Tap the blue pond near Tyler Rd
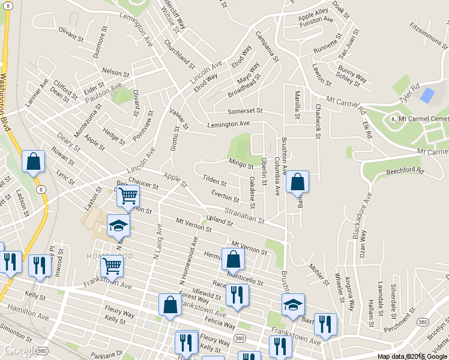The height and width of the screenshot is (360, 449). [427, 95]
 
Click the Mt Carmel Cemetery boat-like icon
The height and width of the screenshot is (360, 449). [393, 119]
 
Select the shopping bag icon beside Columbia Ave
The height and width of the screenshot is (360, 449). [297, 181]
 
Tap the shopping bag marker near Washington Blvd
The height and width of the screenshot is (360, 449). [33, 161]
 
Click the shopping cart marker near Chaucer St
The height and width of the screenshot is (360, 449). [128, 196]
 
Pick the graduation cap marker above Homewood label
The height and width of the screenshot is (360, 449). [118, 226]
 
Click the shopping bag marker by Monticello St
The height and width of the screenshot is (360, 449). [234, 259]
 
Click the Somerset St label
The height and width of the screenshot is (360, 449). [245, 111]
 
